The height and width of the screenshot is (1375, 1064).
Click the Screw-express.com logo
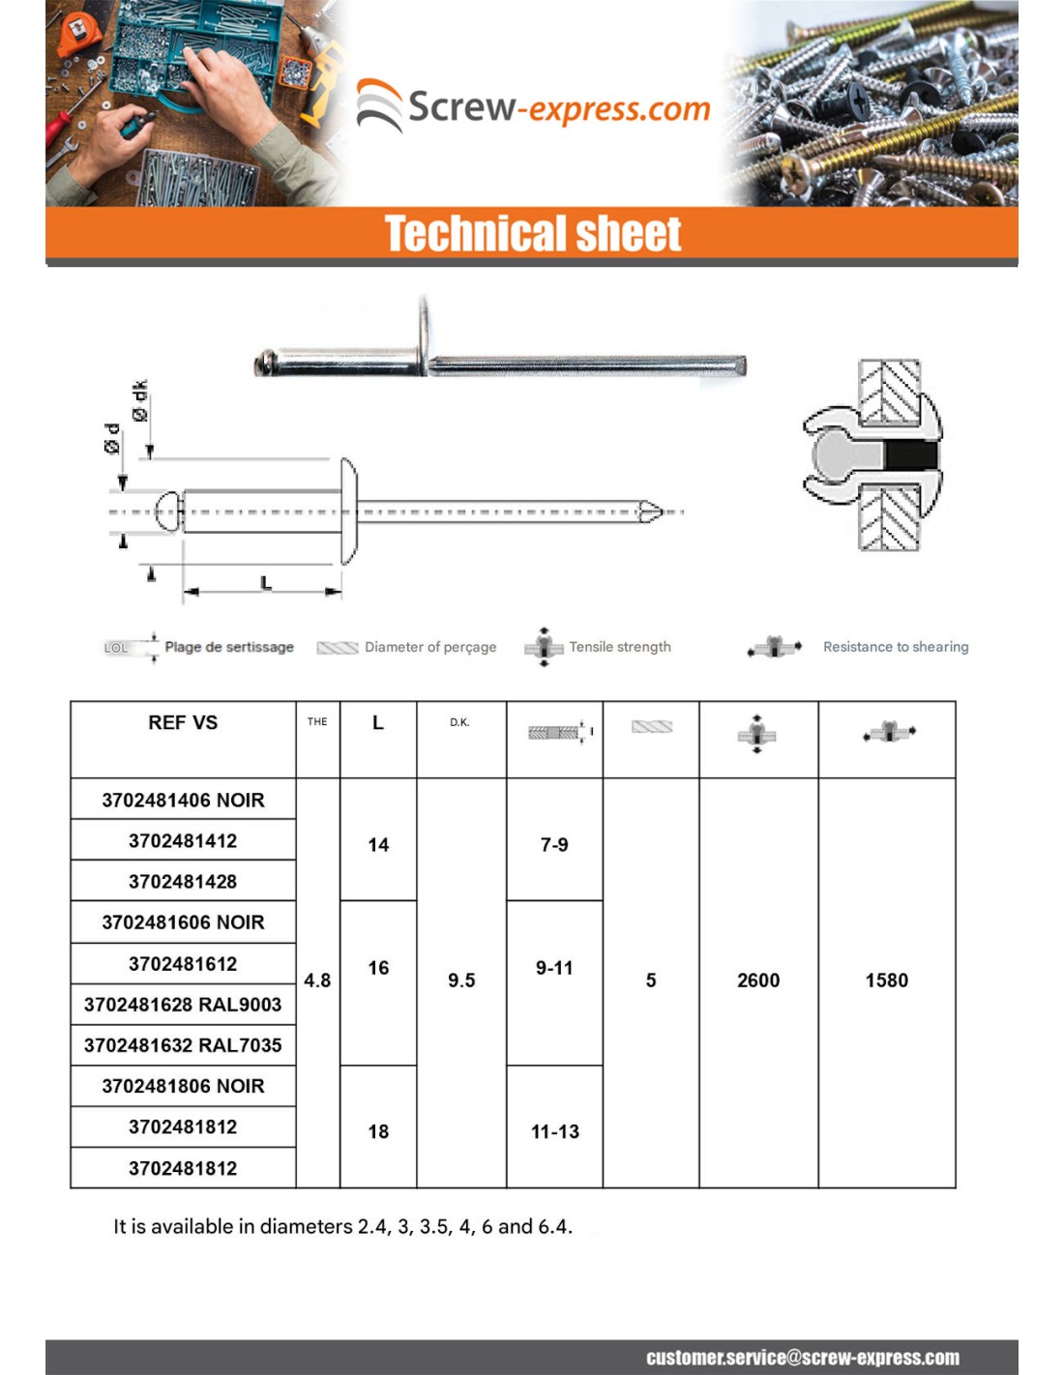point(534,106)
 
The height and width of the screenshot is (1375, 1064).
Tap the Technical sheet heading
point(533,234)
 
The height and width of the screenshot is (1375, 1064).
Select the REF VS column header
point(183,722)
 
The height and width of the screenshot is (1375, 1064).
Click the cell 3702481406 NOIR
point(183,800)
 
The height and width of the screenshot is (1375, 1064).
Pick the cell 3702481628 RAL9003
point(183,1005)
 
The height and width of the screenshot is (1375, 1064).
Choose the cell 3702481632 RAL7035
point(183,1045)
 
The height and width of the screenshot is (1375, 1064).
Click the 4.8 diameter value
point(317,980)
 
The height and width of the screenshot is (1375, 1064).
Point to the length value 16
point(378,968)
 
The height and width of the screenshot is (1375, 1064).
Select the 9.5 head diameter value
point(461,980)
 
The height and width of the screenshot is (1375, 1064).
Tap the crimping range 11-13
point(555,1131)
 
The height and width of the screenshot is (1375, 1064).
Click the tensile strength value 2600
point(758,980)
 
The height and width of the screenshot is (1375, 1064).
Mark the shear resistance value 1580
point(887,980)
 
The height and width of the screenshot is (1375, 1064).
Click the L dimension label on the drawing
point(266,582)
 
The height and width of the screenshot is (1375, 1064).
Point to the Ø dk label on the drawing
point(140,400)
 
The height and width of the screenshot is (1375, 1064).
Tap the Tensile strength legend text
point(620,647)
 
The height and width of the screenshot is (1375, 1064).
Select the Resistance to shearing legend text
point(896,647)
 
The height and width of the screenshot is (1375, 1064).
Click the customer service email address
point(803,1358)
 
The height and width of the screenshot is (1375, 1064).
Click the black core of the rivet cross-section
point(911,456)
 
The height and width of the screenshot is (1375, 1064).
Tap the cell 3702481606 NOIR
point(183,922)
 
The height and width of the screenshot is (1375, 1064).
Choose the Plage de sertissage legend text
point(229,647)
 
